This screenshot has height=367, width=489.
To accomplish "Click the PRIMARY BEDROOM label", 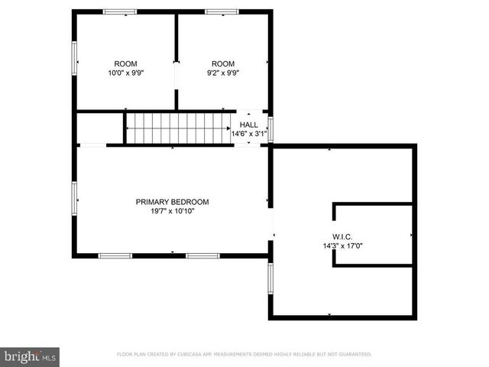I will click(x=172, y=202).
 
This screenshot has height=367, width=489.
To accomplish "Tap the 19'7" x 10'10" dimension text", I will click(x=172, y=211).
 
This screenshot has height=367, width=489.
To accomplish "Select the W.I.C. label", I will click(x=342, y=236).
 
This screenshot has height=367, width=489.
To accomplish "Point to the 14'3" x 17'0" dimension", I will click(x=342, y=246).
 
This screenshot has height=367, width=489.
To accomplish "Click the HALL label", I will click(x=249, y=125).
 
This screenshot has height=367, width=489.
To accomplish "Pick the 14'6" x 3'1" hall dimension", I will click(x=249, y=134).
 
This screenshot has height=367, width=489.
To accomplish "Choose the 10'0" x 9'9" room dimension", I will click(x=126, y=73).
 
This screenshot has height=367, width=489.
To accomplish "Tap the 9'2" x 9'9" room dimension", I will click(x=223, y=73).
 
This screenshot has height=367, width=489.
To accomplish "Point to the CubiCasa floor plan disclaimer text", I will click(x=244, y=355).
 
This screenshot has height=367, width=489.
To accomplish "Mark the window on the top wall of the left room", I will click(x=120, y=11).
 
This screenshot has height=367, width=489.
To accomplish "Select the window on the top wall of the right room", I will click(x=222, y=11).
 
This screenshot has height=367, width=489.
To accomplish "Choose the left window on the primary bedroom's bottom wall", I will click(x=115, y=255).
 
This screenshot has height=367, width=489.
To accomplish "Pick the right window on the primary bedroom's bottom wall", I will click(x=202, y=255).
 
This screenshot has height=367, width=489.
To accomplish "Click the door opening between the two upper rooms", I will click(x=176, y=76).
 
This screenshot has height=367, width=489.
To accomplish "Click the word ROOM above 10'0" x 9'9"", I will click(x=126, y=63).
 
